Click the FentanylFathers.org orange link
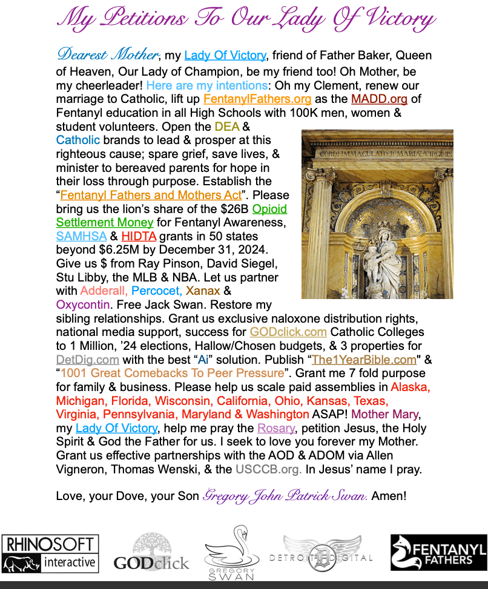click(257, 99)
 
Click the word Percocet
click(156, 291)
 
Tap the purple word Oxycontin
click(85, 304)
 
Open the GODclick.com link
click(288, 332)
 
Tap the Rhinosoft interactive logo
click(50, 553)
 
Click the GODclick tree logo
click(151, 552)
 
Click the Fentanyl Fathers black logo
click(438, 552)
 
